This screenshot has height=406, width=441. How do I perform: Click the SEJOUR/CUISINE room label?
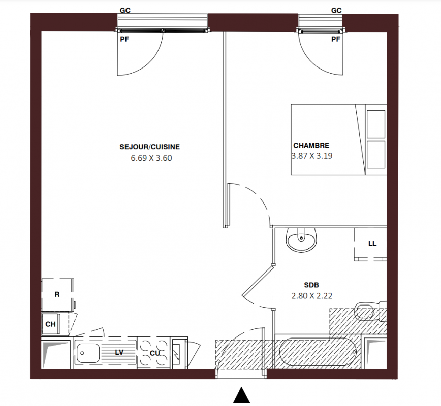coord(149,147)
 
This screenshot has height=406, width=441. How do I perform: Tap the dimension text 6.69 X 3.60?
coord(151,158)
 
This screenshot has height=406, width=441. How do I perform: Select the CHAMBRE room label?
coord(311,146)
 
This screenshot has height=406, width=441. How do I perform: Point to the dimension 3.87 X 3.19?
coord(312,156)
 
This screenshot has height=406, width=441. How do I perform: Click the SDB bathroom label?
coord(311,285)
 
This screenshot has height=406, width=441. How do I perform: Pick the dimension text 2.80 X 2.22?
coord(312,296)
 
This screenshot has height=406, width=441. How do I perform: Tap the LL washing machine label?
coord(372,244)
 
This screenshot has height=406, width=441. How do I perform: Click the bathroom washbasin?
coord(301,240)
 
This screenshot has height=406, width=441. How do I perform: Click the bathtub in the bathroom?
coord(318,352)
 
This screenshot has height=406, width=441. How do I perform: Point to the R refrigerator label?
coord(57,294)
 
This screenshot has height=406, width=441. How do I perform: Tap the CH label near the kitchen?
coord(51,324)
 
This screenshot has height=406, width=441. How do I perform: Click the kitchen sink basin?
coord(88,353)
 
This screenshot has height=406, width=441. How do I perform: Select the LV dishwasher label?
coord(119,352)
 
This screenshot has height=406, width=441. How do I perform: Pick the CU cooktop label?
coord(154,353)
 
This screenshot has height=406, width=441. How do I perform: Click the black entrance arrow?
coord(242,396)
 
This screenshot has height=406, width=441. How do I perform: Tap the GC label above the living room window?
coord(125,10)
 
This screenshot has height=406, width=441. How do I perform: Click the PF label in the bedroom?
coord(336,39)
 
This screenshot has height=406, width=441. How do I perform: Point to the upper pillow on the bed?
coord(376,124)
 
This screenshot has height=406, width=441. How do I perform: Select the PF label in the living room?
coord(124,39)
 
